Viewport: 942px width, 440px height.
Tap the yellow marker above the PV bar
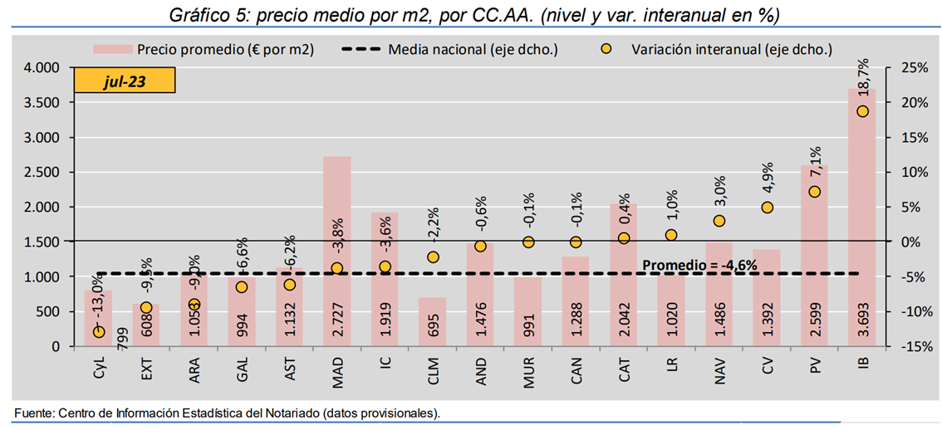point(814,192)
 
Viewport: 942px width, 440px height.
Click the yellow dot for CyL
point(99,331)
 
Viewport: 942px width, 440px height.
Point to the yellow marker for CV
point(767,208)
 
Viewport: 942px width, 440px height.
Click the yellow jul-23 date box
point(125,81)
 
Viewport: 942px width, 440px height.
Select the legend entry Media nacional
point(449,49)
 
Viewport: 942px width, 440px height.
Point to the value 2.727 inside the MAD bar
point(338,320)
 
